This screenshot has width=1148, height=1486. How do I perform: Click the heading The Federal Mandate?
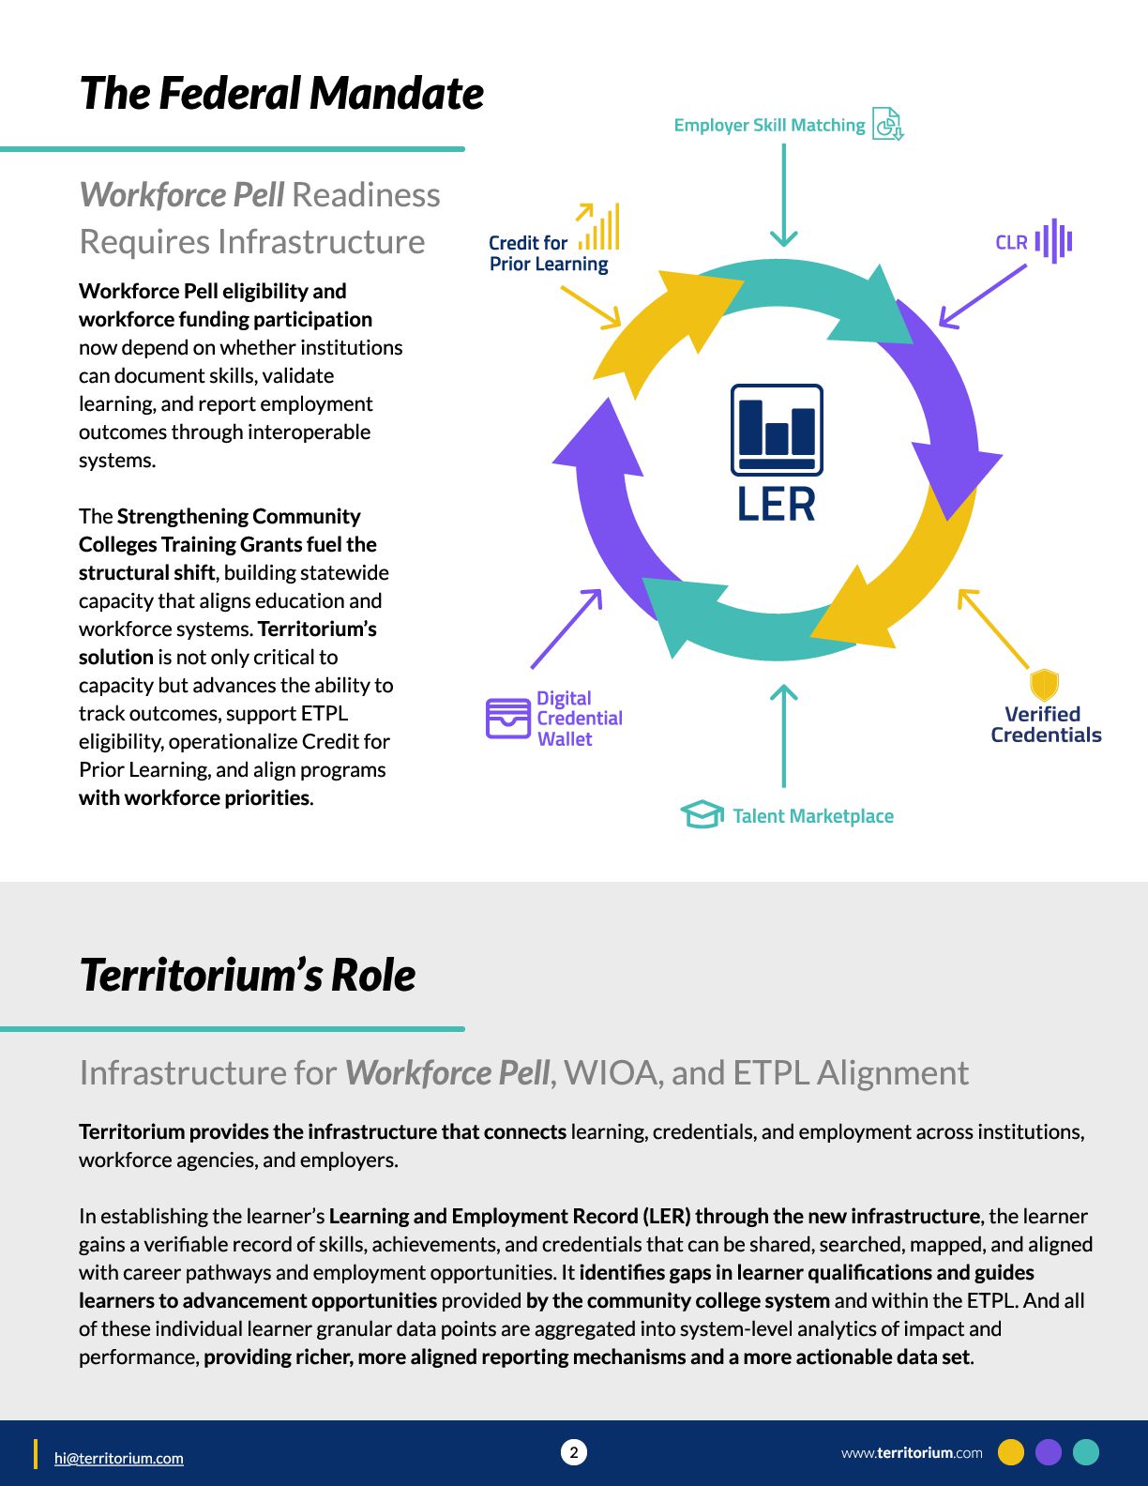point(281,94)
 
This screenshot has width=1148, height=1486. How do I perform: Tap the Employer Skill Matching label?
point(769,125)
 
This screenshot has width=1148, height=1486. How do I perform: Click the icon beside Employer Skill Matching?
point(887,124)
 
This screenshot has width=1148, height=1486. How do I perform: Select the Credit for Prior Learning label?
point(548,253)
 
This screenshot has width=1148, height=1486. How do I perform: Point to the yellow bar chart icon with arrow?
point(598,226)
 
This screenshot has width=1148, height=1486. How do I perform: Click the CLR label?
point(1011,243)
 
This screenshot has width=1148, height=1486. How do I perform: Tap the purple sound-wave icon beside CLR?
point(1053,241)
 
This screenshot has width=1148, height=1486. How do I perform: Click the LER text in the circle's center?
point(776,505)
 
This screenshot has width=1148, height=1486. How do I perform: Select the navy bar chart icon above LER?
point(777,430)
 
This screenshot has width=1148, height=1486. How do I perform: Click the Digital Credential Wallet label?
point(579,719)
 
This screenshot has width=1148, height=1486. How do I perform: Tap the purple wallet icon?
point(508,719)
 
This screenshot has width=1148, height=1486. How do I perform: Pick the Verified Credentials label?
point(1045,725)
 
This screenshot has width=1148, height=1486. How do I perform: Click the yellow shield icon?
point(1044,685)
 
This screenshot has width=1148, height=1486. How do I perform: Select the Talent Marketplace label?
point(812,816)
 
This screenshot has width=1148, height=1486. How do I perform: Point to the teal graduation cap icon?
point(702,814)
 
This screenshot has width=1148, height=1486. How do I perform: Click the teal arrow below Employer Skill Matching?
point(783,197)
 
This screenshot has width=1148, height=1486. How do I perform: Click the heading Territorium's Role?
point(248,975)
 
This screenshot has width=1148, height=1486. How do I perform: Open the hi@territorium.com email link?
point(119,1458)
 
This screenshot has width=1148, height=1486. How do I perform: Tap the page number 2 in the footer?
point(574,1452)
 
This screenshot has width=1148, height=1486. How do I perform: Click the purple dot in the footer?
point(1048,1452)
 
